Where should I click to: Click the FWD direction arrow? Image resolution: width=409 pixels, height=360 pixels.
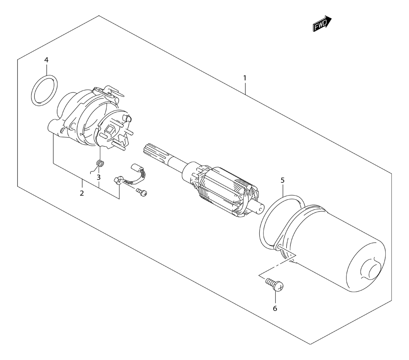322,24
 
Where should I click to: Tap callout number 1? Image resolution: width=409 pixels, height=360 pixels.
245,78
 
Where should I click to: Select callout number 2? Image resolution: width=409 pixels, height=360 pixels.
82,193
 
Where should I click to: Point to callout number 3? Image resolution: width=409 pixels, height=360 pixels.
99,178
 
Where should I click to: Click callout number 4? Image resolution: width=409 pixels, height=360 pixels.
46,60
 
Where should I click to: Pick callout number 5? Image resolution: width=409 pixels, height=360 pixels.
283,180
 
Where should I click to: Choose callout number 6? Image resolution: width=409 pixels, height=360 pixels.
275,308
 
